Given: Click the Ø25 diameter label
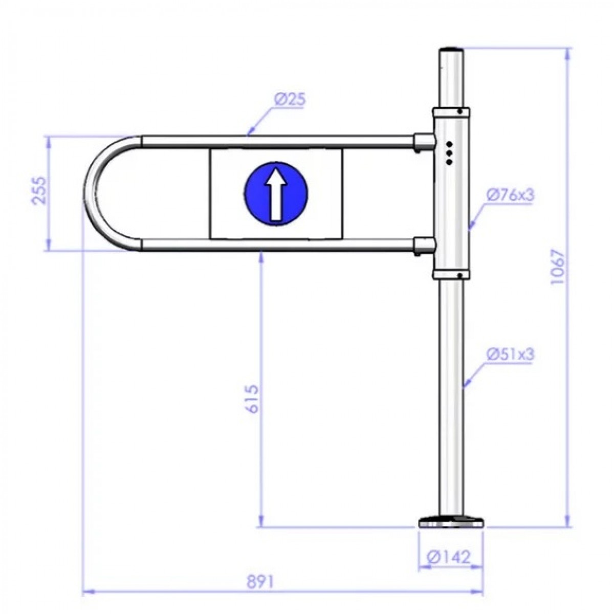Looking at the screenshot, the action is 290,99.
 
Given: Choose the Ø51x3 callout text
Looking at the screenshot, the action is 510,354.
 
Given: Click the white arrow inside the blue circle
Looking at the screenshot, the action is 276,195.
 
